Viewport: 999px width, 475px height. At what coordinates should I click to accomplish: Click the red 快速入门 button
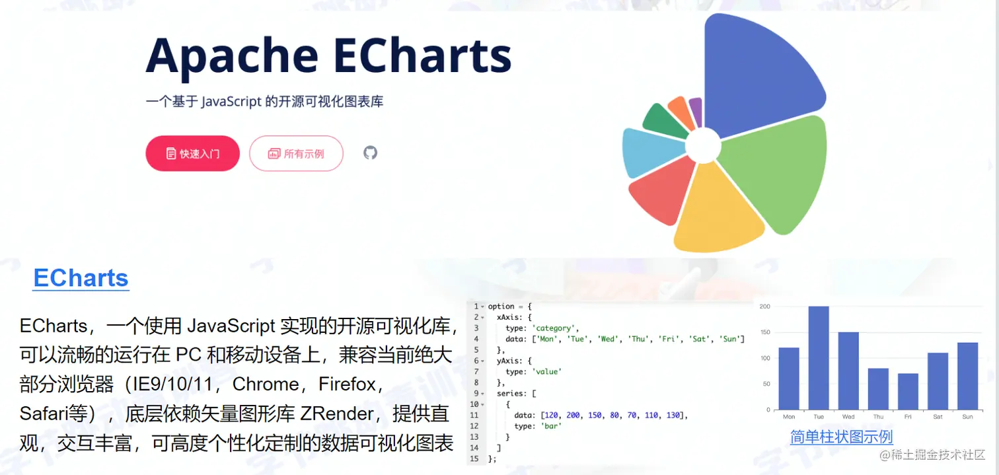(x=192, y=153)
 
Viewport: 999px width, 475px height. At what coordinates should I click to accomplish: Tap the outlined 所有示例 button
(x=296, y=153)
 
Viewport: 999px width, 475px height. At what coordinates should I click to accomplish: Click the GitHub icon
(x=370, y=153)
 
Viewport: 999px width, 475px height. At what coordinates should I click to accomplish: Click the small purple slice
(x=696, y=112)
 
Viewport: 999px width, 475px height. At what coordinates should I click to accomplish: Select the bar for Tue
(x=819, y=357)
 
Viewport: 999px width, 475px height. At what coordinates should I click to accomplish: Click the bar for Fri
(x=908, y=392)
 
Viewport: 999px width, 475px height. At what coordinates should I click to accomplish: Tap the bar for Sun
(x=967, y=376)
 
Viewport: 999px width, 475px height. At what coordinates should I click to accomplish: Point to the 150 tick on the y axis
(x=765, y=332)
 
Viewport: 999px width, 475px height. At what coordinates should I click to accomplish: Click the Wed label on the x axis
(x=848, y=417)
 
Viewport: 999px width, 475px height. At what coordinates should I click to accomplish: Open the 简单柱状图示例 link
(x=841, y=437)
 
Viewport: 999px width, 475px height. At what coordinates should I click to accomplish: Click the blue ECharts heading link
(x=81, y=278)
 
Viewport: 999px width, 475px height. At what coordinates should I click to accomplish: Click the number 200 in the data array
(x=573, y=416)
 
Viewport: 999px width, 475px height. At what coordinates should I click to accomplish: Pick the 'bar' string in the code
(x=551, y=426)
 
